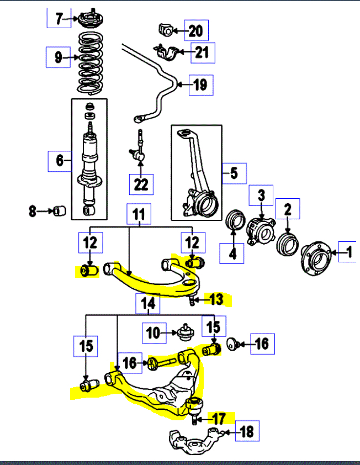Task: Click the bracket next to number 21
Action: [x=167, y=54]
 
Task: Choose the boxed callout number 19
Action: [x=200, y=85]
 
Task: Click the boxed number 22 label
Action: [x=141, y=184]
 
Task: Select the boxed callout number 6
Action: [x=60, y=161]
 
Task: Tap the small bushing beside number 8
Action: [x=59, y=210]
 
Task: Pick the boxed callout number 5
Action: [x=234, y=174]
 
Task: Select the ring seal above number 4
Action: [x=236, y=221]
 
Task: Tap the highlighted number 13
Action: [x=216, y=300]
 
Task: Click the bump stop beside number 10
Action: [x=186, y=332]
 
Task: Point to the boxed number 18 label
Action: [x=247, y=432]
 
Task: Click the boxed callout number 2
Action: [x=288, y=209]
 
